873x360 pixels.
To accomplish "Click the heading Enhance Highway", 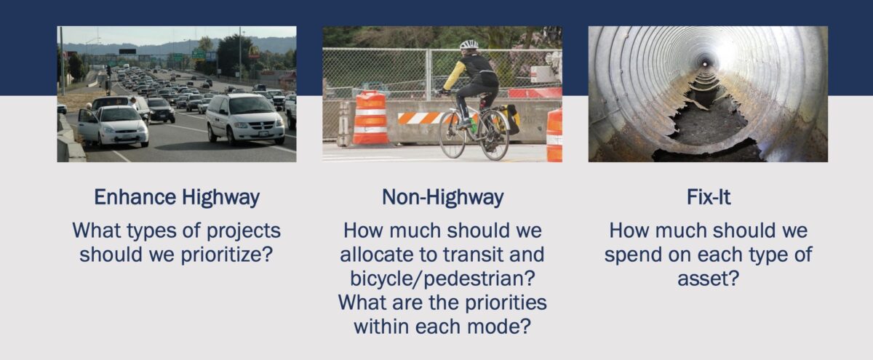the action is (177, 198).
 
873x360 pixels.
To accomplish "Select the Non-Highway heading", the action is (442, 198).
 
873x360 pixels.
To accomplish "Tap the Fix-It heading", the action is (708, 197).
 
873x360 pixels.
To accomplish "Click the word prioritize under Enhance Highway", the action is (226, 255).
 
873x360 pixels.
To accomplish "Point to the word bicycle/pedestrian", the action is (442, 279).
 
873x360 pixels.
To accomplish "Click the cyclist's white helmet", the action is (469, 44).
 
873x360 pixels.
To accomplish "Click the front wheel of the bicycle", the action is (452, 134).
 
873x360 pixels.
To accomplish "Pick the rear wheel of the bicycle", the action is (494, 135).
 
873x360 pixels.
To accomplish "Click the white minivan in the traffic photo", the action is (244, 119).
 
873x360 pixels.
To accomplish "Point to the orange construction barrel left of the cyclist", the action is (370, 118).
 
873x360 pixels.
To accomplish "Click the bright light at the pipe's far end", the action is (704, 63).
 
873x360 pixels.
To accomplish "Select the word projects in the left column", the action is (243, 231).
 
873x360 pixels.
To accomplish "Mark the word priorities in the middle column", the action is (506, 303).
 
